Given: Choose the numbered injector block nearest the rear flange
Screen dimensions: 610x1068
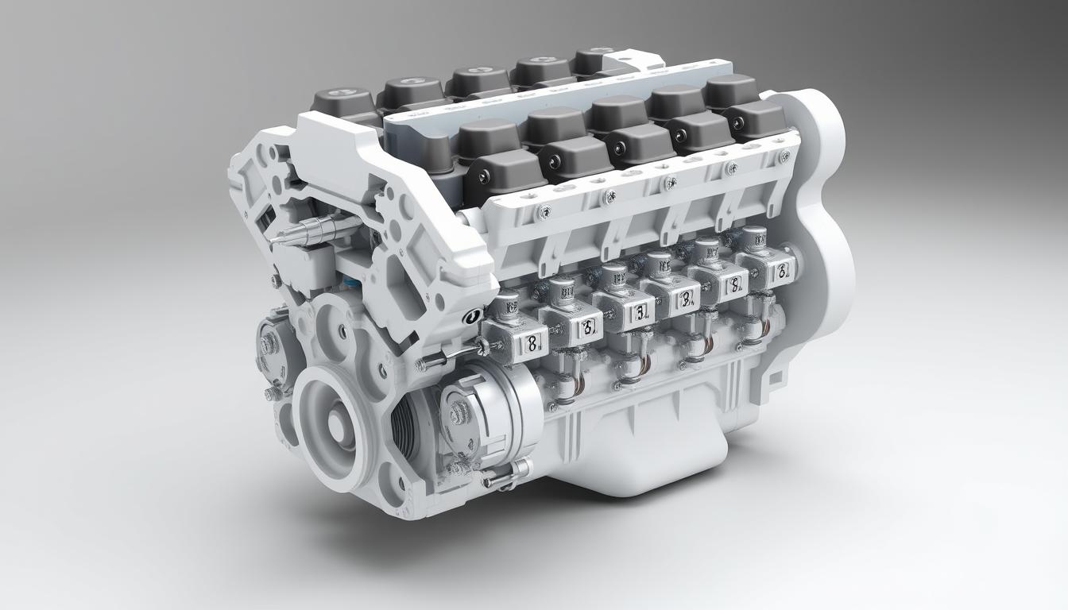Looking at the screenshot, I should click(x=769, y=269).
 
